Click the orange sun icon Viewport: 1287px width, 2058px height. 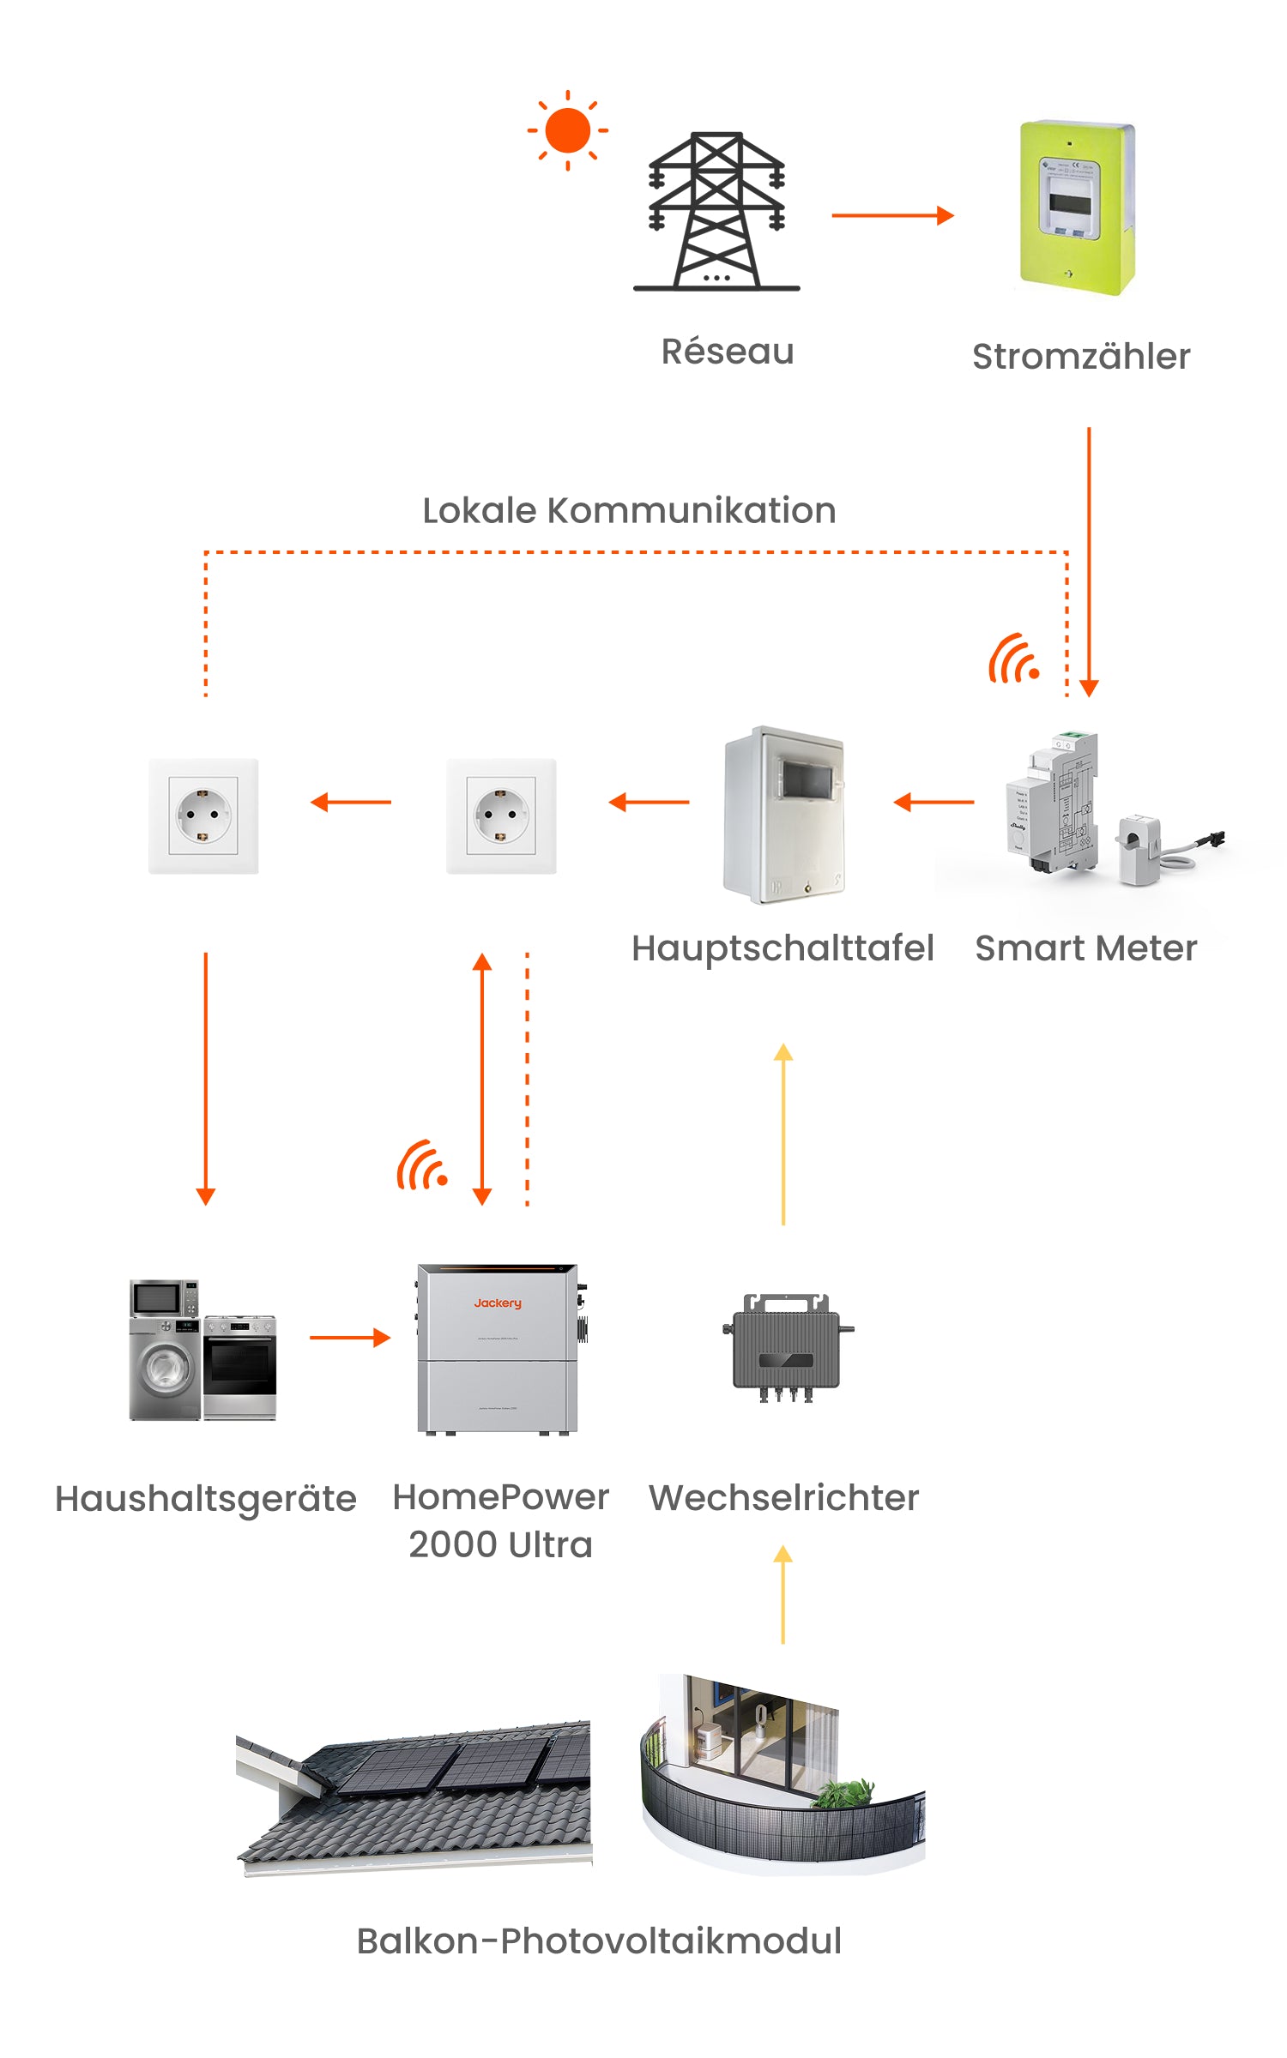(567, 131)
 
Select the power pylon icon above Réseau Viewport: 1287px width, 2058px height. (716, 212)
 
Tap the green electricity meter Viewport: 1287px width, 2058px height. (1077, 208)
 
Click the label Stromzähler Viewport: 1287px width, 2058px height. (1081, 357)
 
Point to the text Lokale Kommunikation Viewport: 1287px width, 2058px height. (629, 511)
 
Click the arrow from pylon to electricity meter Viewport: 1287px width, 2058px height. (892, 215)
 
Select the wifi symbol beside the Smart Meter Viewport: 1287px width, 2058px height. (1014, 659)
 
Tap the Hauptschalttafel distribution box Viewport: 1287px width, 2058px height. (783, 815)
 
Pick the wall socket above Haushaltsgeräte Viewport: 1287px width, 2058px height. (203, 815)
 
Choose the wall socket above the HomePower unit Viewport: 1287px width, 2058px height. (501, 815)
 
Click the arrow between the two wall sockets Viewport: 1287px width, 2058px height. (351, 803)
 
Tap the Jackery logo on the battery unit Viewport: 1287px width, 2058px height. (498, 1303)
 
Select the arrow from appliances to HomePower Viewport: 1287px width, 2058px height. (350, 1338)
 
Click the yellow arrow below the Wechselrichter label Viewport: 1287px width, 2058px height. (782, 1595)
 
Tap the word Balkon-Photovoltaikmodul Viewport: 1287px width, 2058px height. (599, 1941)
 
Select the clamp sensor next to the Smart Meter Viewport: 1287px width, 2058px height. (1140, 850)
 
